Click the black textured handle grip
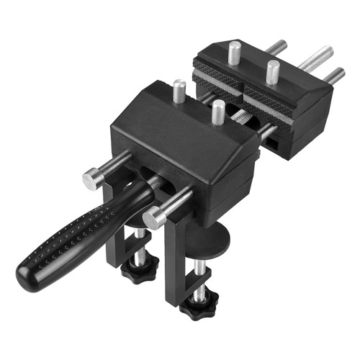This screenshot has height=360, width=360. [x=72, y=230]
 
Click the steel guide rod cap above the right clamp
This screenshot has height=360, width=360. [x=153, y=218]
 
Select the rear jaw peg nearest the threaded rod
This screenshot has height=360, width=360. [x=273, y=71]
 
